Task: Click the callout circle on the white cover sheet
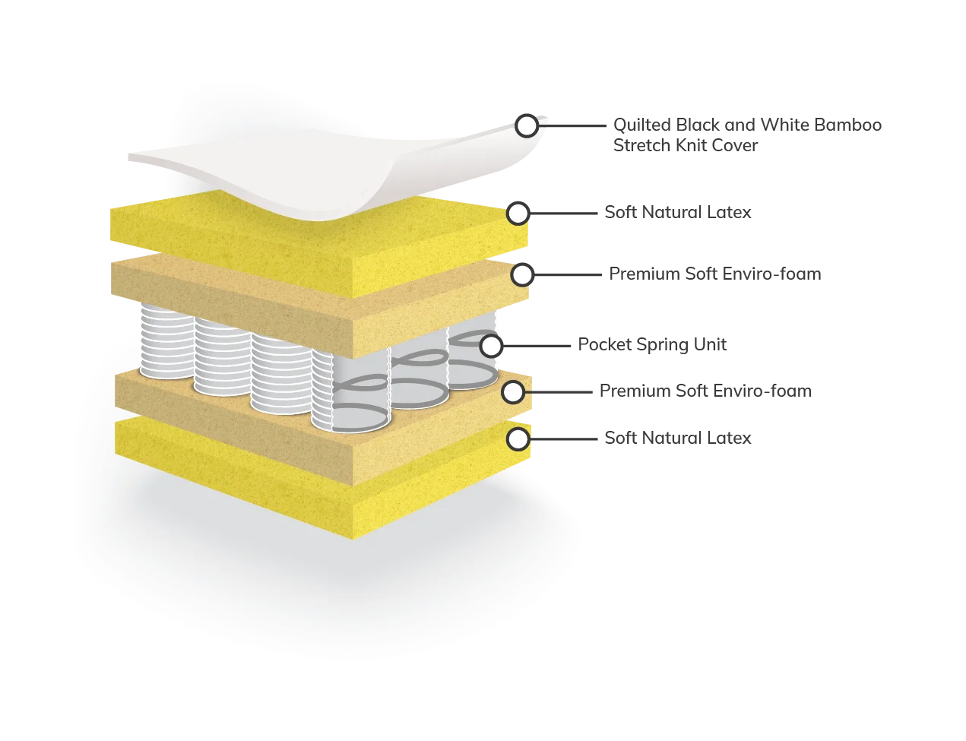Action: coord(526,125)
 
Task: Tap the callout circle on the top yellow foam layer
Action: coord(518,214)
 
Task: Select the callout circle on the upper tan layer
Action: coord(522,274)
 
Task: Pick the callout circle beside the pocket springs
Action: coord(491,346)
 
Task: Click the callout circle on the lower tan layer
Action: coord(513,392)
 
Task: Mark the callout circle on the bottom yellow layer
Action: coord(518,439)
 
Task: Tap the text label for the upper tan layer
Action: coord(713,272)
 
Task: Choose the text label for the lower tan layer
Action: coord(704,392)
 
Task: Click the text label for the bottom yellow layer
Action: coord(676,437)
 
